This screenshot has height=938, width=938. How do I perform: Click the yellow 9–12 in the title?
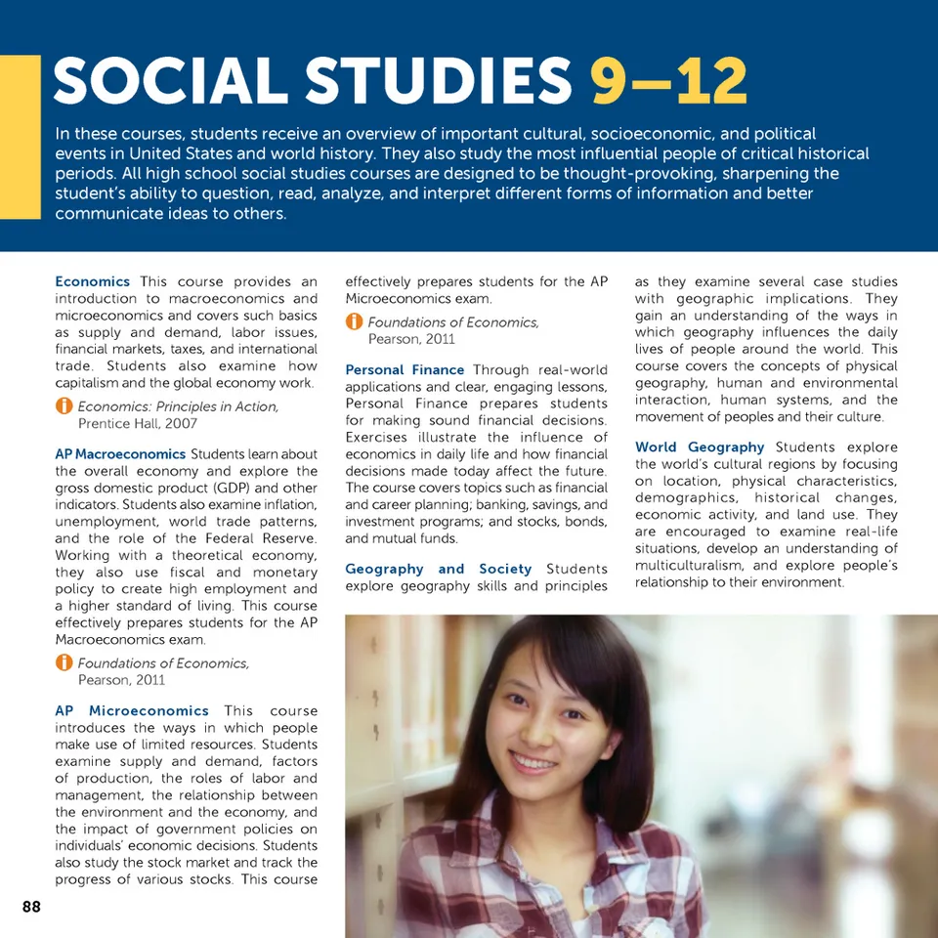(x=669, y=82)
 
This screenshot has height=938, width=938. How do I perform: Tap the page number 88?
(x=31, y=907)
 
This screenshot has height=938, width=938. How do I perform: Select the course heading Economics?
(x=92, y=281)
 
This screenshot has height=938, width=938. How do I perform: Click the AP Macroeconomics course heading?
(x=120, y=453)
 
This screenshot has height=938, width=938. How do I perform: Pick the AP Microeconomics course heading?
(x=132, y=710)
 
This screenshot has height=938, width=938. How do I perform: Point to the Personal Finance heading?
(x=405, y=369)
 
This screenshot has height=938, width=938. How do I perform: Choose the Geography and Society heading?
(x=438, y=569)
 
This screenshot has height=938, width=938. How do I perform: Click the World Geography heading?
(x=700, y=447)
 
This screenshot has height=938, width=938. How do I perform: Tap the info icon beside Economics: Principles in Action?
(x=64, y=406)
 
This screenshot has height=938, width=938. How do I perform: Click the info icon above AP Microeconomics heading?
(x=64, y=663)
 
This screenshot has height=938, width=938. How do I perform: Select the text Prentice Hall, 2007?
(x=137, y=423)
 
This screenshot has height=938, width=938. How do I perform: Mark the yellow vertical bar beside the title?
(x=20, y=137)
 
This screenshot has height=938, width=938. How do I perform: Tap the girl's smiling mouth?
(x=534, y=761)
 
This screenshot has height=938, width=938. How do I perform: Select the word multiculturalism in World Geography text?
(x=689, y=565)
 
